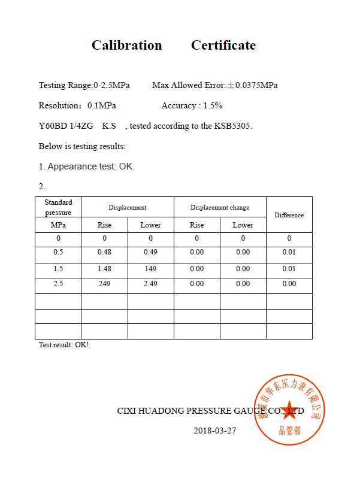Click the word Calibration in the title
pos(126,46)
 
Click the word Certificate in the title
pos(223,46)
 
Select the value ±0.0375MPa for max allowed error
pos(252,86)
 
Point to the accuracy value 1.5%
pos(213,106)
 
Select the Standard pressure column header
pos(58,207)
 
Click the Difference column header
pos(289,215)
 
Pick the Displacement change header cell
pos(220,207)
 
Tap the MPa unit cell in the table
pos(58,225)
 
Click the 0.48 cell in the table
pos(104,252)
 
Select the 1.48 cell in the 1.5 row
pos(104,269)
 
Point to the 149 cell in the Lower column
pos(150,269)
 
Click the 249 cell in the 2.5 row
pos(104,284)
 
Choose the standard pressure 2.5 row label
pos(58,284)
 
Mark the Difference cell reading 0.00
pos(289,284)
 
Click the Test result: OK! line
pos(63,345)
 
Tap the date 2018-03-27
pos(214,431)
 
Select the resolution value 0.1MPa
pos(102,106)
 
